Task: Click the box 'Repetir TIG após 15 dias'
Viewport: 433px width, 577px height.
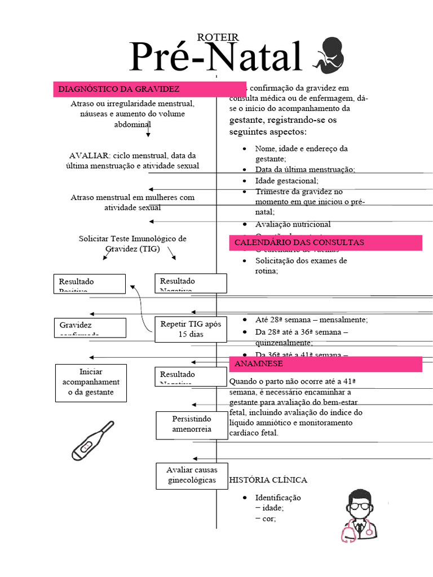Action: coord(191,329)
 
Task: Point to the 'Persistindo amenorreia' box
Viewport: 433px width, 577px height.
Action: coord(192,424)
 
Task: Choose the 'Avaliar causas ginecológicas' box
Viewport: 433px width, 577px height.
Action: coord(192,475)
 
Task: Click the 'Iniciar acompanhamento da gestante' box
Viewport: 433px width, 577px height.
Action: coord(91,383)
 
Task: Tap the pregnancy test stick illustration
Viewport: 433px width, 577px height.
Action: coord(92,441)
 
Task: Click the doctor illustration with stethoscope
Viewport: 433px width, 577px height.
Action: coord(359,516)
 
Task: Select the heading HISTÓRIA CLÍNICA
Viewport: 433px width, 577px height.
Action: coord(268,480)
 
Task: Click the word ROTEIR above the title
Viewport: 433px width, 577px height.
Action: coord(218,37)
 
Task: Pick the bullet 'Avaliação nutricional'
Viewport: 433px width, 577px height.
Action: coord(293,224)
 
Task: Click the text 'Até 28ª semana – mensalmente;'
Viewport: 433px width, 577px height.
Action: coord(311,319)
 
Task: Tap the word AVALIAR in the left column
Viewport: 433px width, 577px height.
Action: coord(89,155)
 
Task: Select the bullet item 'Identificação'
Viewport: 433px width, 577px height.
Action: coord(278,498)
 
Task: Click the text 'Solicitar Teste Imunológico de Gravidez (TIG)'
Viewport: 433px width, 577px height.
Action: coord(132,243)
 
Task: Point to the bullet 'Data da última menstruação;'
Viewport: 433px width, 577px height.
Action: coord(304,170)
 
